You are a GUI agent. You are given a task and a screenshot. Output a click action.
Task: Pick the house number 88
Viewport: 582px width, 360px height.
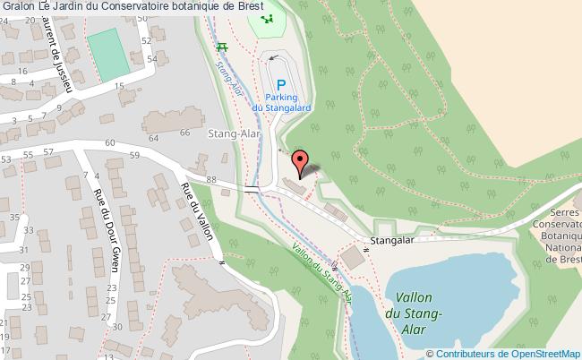(211, 180)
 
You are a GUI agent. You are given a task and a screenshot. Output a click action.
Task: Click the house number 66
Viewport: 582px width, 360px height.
(185, 133)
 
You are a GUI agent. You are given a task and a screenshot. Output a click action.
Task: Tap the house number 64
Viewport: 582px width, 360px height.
(152, 138)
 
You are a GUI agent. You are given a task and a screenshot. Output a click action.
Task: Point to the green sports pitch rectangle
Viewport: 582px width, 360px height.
(107, 53)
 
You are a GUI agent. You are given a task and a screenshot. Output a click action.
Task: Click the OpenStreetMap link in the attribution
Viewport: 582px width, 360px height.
(546, 353)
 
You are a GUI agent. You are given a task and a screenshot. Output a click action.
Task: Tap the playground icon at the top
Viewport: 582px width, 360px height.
(264, 20)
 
